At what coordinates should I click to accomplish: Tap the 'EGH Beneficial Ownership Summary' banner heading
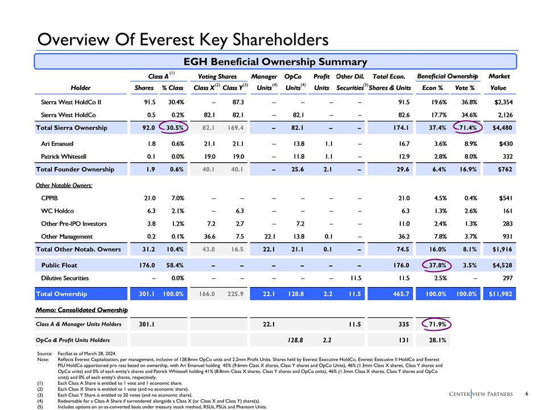(275, 61)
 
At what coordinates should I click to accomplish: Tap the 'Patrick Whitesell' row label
(65, 157)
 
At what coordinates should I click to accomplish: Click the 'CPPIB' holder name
(51, 199)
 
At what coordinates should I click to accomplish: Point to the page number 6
(528, 393)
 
